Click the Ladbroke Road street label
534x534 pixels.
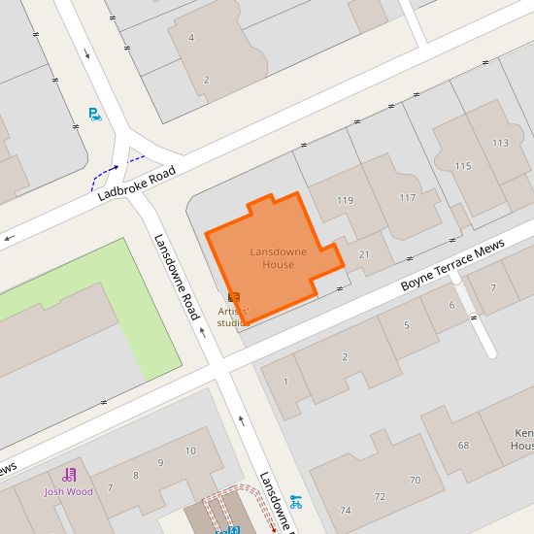tap(136, 184)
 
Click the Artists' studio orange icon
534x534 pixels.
tap(233, 296)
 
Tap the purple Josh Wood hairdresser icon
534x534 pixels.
tap(69, 475)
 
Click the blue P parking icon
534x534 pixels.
tap(94, 114)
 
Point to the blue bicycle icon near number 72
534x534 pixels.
tap(296, 502)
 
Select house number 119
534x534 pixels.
tap(345, 200)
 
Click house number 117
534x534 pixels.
tap(408, 198)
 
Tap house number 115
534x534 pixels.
tap(462, 166)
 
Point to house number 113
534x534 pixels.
tap(500, 143)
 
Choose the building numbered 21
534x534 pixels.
tap(365, 254)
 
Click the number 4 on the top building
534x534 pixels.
tap(190, 38)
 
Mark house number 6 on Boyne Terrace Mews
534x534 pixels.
tap(451, 304)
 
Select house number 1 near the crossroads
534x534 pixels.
tap(285, 382)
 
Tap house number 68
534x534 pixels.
tap(463, 446)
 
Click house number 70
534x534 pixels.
tap(415, 480)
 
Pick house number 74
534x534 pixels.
tap(345, 511)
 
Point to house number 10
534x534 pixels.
tap(190, 451)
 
